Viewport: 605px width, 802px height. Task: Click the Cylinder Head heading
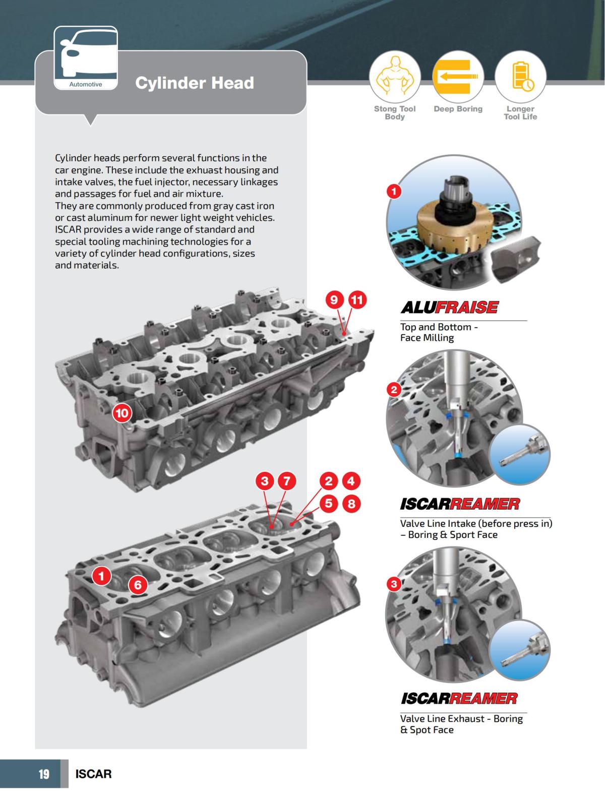pos(194,83)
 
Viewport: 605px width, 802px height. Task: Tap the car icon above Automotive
pos(86,55)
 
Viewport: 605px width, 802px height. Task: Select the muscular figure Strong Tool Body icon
pos(395,76)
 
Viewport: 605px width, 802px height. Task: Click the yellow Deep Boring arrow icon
pos(458,76)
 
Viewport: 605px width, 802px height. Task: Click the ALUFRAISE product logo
pos(449,307)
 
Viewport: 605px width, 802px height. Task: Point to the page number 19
pos(44,774)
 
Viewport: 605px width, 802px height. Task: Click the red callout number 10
pos(122,413)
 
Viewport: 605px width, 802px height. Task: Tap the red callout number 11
pos(356,300)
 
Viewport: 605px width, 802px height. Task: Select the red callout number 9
pos(334,300)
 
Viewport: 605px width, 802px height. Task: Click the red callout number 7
pos(286,481)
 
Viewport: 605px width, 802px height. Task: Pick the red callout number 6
pos(138,585)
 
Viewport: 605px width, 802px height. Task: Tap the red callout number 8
pos(351,503)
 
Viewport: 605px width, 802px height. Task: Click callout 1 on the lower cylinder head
pos(102,576)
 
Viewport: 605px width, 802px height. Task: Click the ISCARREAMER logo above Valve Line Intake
pos(459,504)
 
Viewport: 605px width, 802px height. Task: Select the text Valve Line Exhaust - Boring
pos(461,718)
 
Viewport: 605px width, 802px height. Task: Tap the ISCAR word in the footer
pos(93,774)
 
